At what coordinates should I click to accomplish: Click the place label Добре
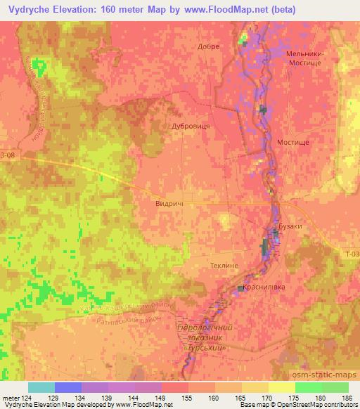[x=210, y=46]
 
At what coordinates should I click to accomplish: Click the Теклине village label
[x=225, y=266]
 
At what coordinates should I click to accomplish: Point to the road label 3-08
[x=7, y=154]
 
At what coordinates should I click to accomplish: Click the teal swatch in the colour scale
[x=41, y=387]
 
